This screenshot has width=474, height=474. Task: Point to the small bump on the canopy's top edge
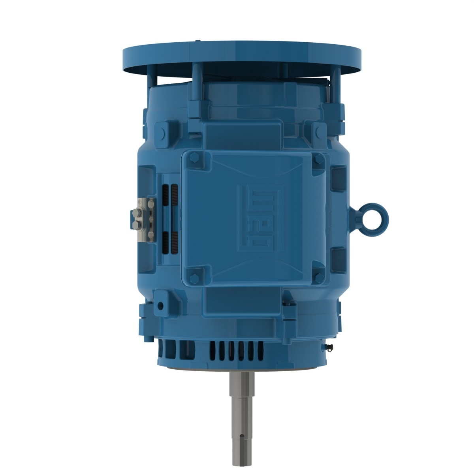pos(196,41)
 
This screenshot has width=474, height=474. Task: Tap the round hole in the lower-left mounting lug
pos(160,306)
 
